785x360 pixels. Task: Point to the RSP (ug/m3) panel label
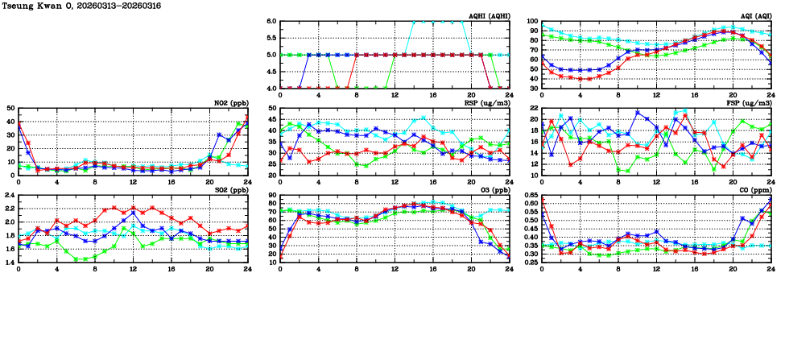tap(490, 103)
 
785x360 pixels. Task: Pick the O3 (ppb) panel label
tap(494, 190)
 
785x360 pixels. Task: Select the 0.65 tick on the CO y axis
tap(529, 196)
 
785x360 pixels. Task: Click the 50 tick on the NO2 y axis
tap(10, 109)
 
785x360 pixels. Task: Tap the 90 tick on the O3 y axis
tap(272, 196)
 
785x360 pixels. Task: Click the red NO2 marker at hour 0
tap(19, 124)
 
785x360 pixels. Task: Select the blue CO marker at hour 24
tap(771, 200)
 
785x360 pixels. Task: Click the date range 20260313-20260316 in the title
tap(130, 6)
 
